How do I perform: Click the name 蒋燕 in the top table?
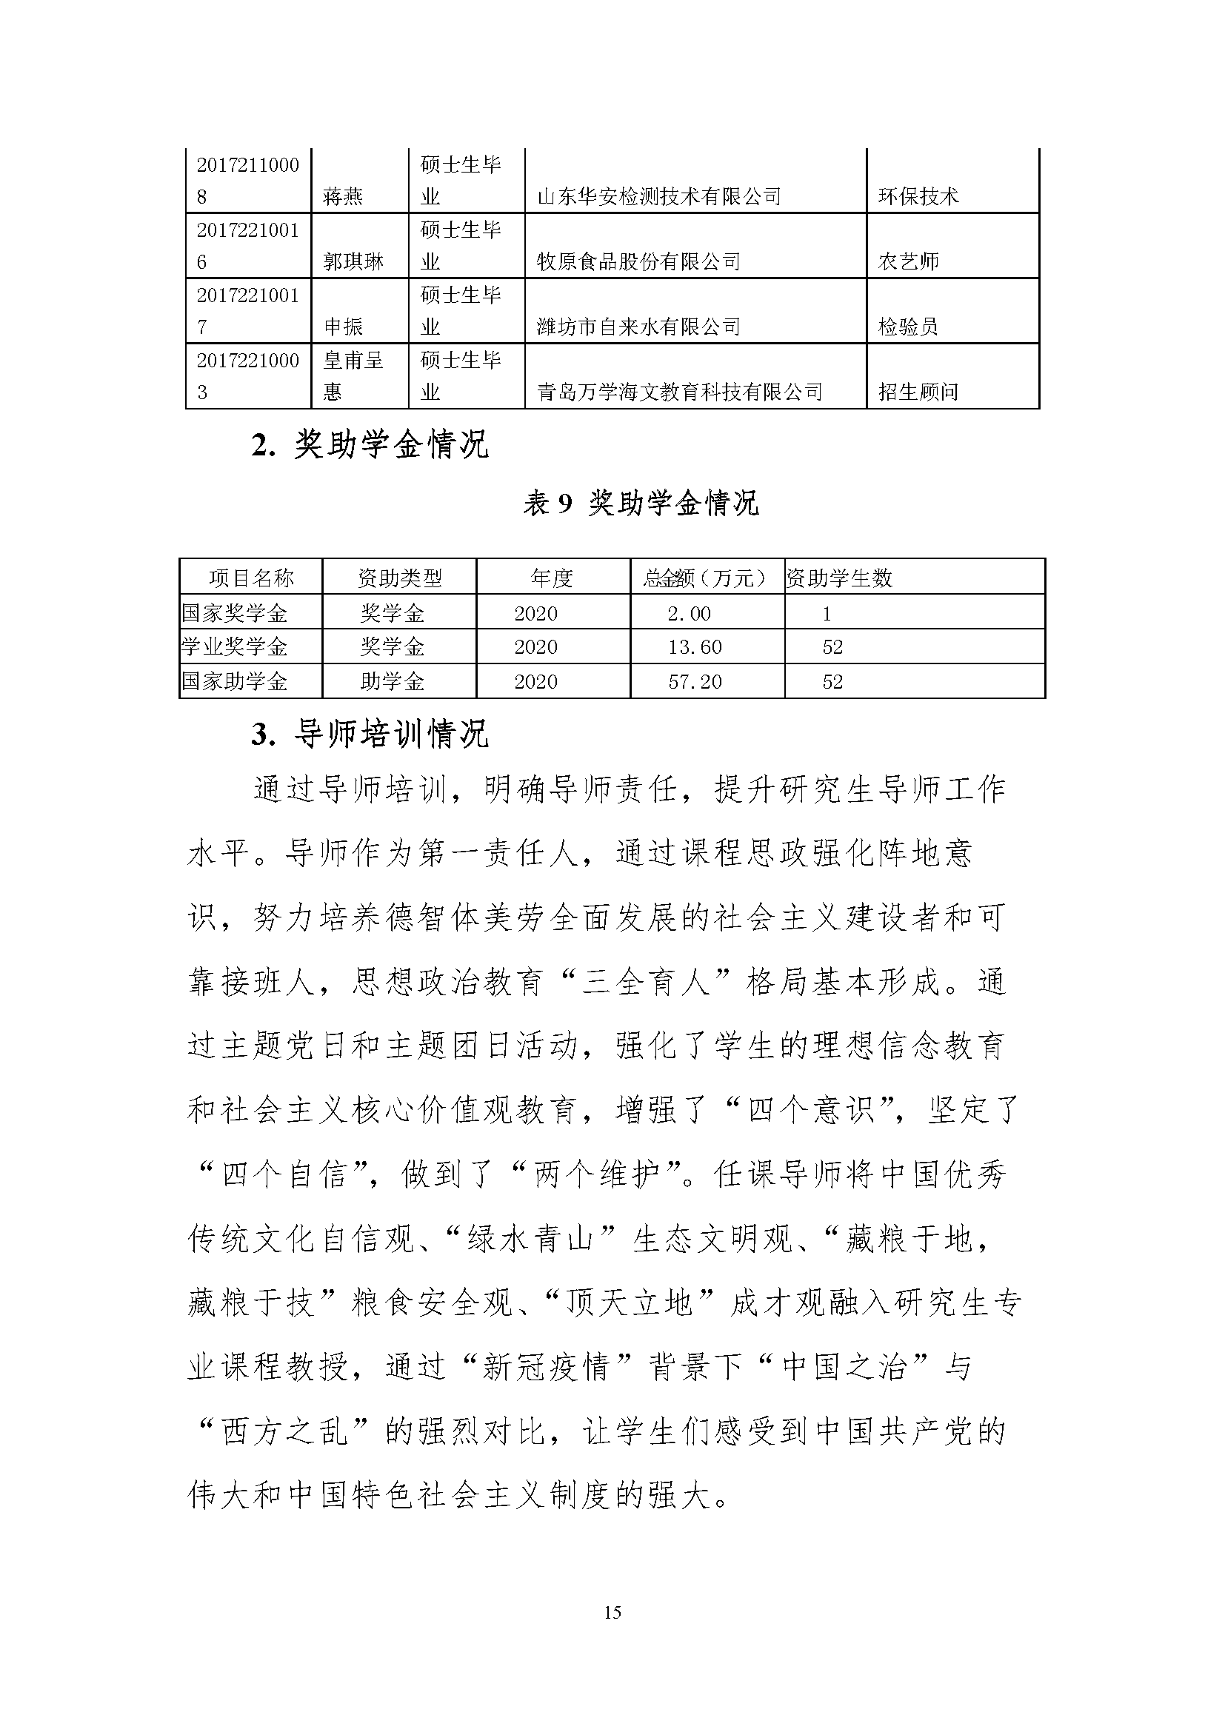pyautogui.click(x=343, y=197)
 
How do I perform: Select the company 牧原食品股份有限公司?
pyautogui.click(x=638, y=261)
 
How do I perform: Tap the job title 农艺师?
pyautogui.click(x=908, y=261)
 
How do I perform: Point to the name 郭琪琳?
pyautogui.click(x=353, y=261)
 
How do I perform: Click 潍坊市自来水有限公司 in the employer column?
pyautogui.click(x=638, y=327)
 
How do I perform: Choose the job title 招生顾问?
pyautogui.click(x=918, y=392)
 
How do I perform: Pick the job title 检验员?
pyautogui.click(x=908, y=327)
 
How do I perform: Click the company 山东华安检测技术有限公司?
pyautogui.click(x=658, y=197)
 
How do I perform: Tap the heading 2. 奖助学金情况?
pyautogui.click(x=370, y=446)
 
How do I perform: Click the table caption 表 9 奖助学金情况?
pyautogui.click(x=641, y=503)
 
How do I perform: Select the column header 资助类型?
pyautogui.click(x=400, y=578)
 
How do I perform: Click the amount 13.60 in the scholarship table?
pyautogui.click(x=695, y=647)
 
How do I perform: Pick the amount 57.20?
pyautogui.click(x=695, y=682)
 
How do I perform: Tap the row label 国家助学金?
pyautogui.click(x=235, y=682)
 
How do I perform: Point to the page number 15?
pyautogui.click(x=612, y=1613)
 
